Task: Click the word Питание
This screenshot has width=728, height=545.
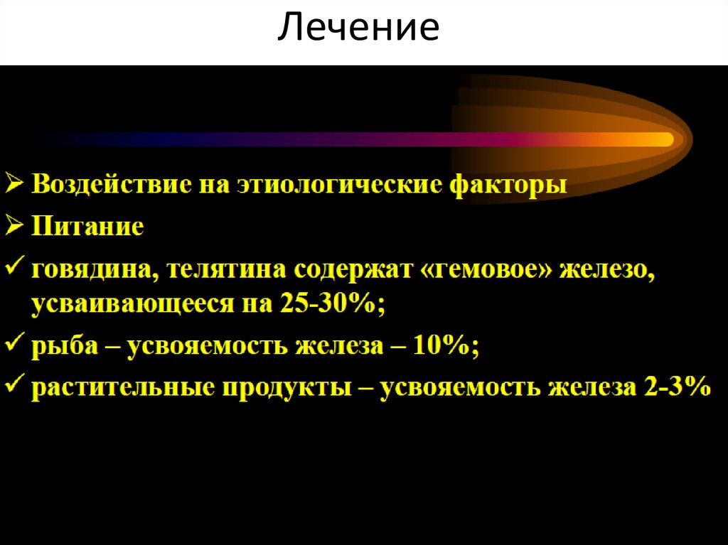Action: point(87,227)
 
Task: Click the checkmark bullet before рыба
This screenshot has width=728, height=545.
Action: point(15,346)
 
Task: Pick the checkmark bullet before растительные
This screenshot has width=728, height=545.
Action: point(15,387)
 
